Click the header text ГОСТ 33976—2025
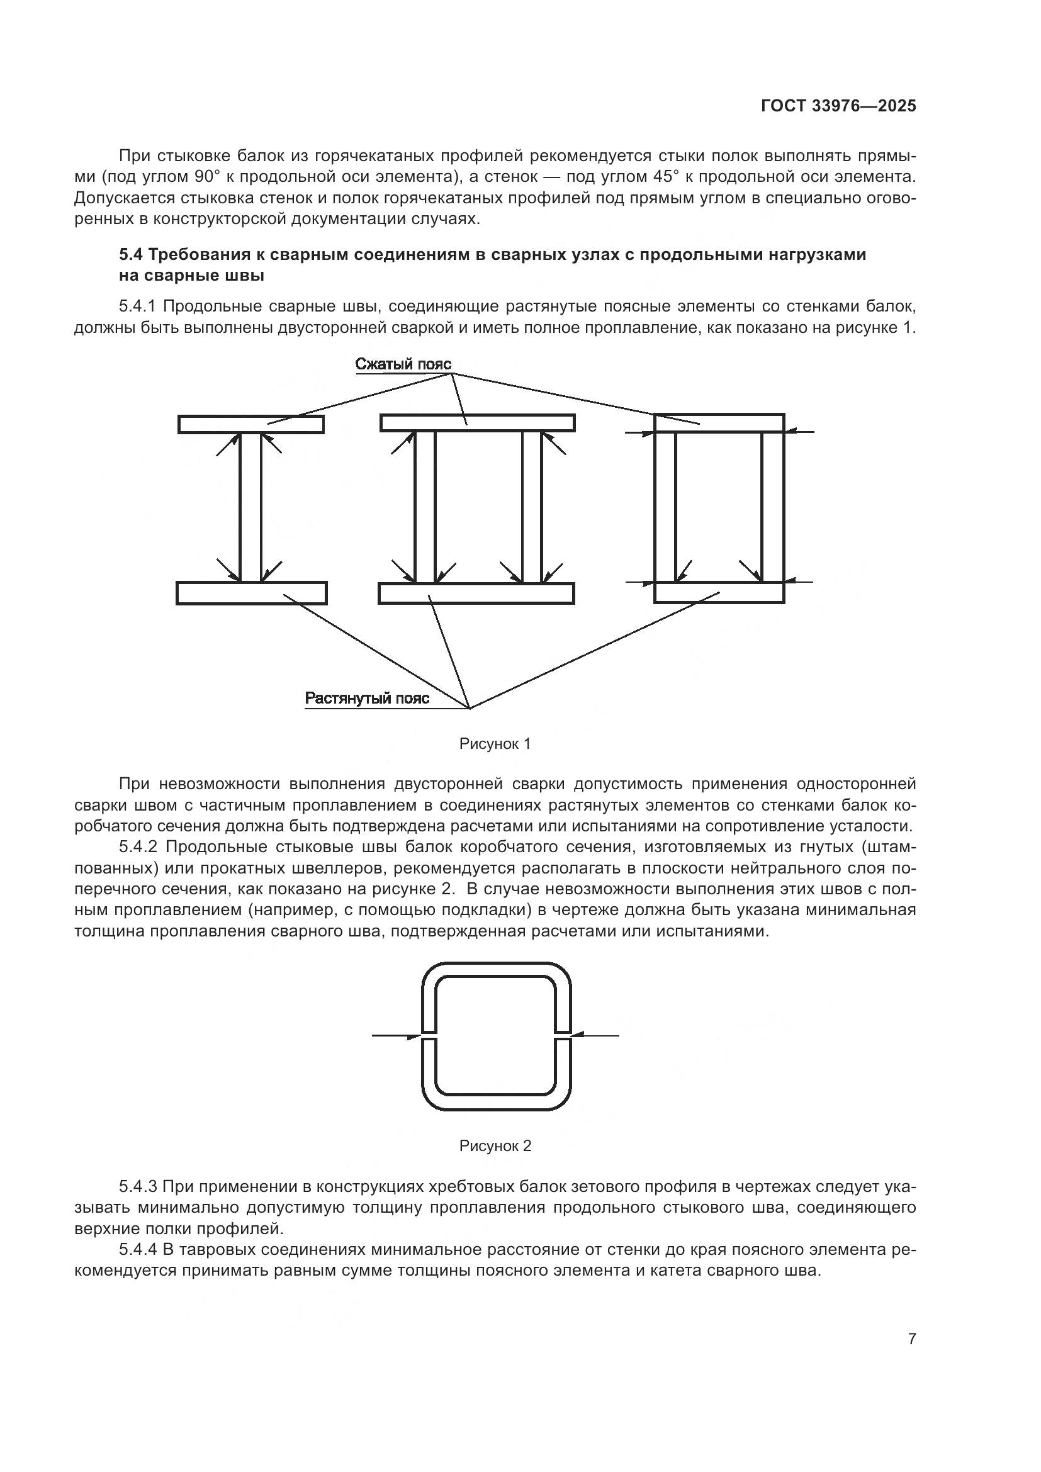pos(838,106)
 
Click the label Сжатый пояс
pos(403,364)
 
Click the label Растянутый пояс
pos(367,698)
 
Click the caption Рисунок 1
pos(495,744)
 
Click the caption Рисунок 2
pos(495,1145)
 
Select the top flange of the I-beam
pos(250,424)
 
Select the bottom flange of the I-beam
pos(251,593)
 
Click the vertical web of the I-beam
pos(250,507)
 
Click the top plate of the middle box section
pos(477,422)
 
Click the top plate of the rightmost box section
pos(719,422)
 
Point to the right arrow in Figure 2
pos(595,1035)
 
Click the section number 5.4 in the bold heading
pos(131,255)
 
